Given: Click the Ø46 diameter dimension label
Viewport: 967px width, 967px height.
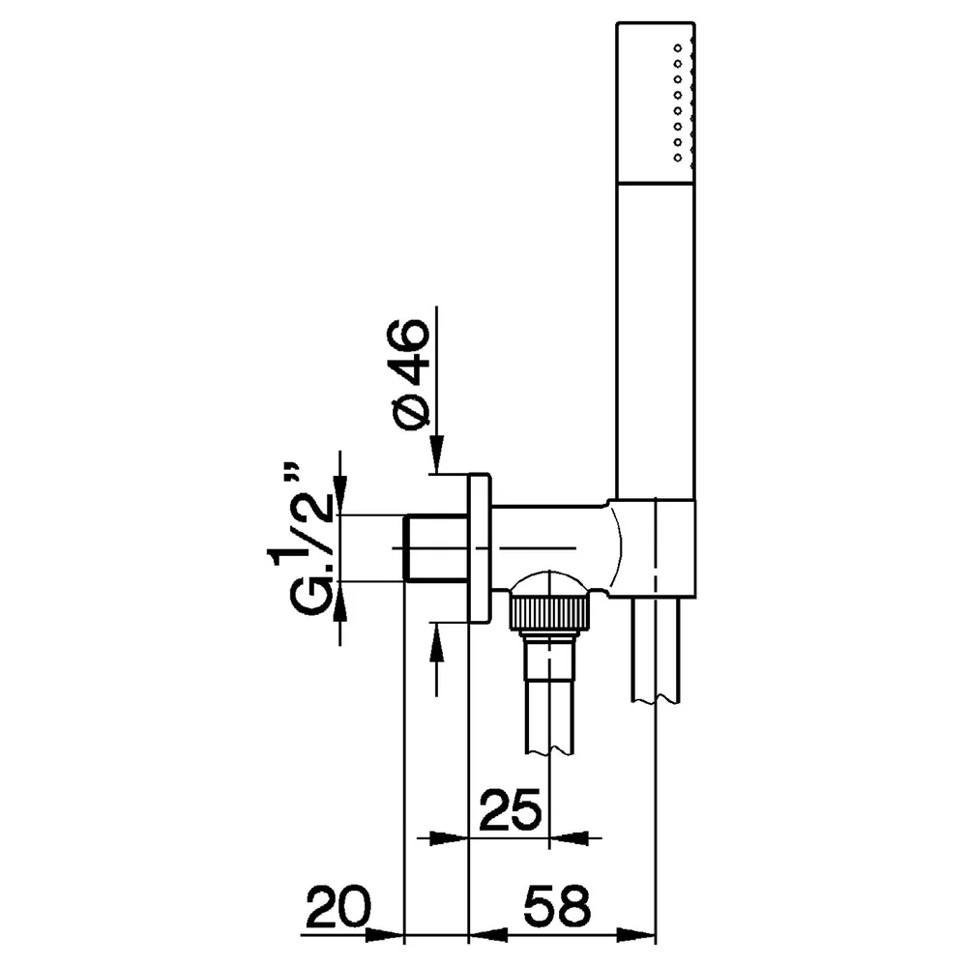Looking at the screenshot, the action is [x=407, y=375].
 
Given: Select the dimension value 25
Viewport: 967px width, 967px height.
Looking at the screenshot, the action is [x=510, y=808].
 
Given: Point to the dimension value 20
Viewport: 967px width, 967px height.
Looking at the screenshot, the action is [x=338, y=907].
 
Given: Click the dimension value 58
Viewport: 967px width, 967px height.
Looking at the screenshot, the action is [x=557, y=907].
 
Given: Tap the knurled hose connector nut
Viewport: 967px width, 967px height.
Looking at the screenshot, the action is [x=547, y=612].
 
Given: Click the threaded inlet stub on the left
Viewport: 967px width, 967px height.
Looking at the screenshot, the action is [x=435, y=547].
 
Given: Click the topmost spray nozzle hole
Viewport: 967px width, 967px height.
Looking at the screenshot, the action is [x=678, y=47].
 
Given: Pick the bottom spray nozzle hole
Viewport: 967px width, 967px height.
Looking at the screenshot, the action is [x=678, y=158].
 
